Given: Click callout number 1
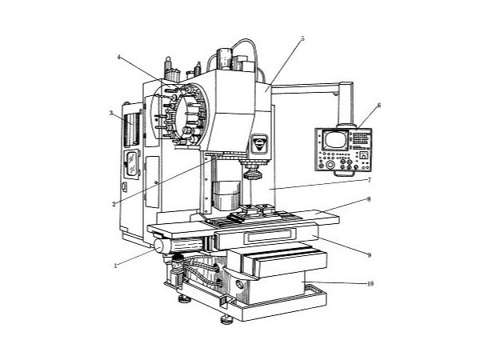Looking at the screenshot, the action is pyautogui.click(x=116, y=266).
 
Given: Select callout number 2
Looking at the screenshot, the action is pyautogui.click(x=114, y=204).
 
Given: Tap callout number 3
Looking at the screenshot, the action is pyautogui.click(x=111, y=113).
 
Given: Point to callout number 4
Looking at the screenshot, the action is pyautogui.click(x=119, y=58).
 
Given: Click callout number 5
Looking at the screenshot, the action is pyautogui.click(x=302, y=38).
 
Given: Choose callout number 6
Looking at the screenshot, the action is pyautogui.click(x=379, y=106).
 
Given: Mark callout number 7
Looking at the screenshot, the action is pyautogui.click(x=370, y=180).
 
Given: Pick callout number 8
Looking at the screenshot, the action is pyautogui.click(x=369, y=199).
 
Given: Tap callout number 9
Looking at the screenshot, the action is pyautogui.click(x=370, y=255).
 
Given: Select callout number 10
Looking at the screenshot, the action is pyautogui.click(x=370, y=284).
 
